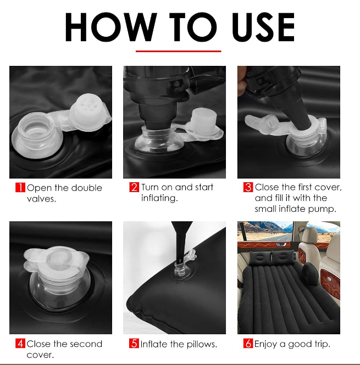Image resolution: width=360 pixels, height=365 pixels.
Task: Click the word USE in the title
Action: point(263,27)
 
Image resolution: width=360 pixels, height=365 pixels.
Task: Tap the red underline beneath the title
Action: point(179,51)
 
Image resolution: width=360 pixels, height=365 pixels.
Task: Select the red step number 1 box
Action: point(20,187)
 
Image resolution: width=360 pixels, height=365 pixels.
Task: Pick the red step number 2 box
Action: point(134,187)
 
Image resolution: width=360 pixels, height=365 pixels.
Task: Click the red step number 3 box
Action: point(248,187)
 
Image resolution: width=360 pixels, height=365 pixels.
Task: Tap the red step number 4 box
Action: point(20,344)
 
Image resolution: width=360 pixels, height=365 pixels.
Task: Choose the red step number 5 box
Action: point(134,344)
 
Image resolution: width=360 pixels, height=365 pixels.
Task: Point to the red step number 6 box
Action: point(248,344)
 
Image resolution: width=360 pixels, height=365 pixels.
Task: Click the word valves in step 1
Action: point(41,199)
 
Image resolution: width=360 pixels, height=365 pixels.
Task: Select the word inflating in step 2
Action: point(159,198)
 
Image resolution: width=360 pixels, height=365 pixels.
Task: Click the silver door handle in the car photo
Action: point(281,244)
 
